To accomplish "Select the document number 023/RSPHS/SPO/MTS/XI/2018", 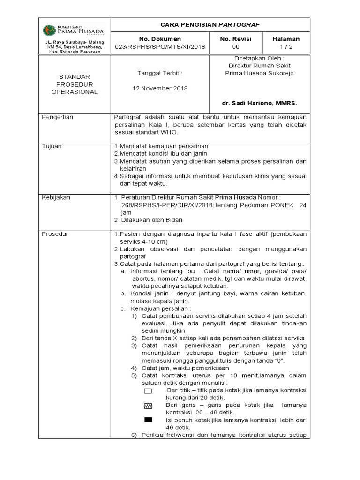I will point(159,47).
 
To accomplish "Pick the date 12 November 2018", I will point(159,89).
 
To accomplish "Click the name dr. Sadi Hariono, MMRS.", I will point(260,102).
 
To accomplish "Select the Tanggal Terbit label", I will point(159,73).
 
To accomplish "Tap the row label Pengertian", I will point(58,117).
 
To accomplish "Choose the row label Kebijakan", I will point(56,197).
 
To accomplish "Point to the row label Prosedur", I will point(55,233).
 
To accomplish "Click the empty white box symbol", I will point(148,390).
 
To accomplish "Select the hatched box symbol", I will point(148,405).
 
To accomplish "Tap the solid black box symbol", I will point(148,420).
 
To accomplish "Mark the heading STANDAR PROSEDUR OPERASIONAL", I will point(75,84).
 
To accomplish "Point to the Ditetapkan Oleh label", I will point(260,59).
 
